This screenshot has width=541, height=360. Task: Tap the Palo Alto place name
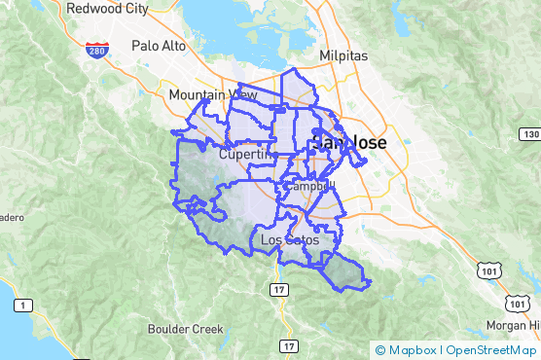click(x=158, y=46)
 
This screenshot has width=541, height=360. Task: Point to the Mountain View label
click(x=212, y=95)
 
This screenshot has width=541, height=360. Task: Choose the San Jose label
click(x=348, y=142)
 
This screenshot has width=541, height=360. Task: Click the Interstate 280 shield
click(x=94, y=51)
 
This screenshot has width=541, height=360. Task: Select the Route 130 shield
click(x=529, y=133)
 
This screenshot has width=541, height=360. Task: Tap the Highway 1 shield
click(x=18, y=306)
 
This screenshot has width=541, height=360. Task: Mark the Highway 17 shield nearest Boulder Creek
click(x=288, y=346)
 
